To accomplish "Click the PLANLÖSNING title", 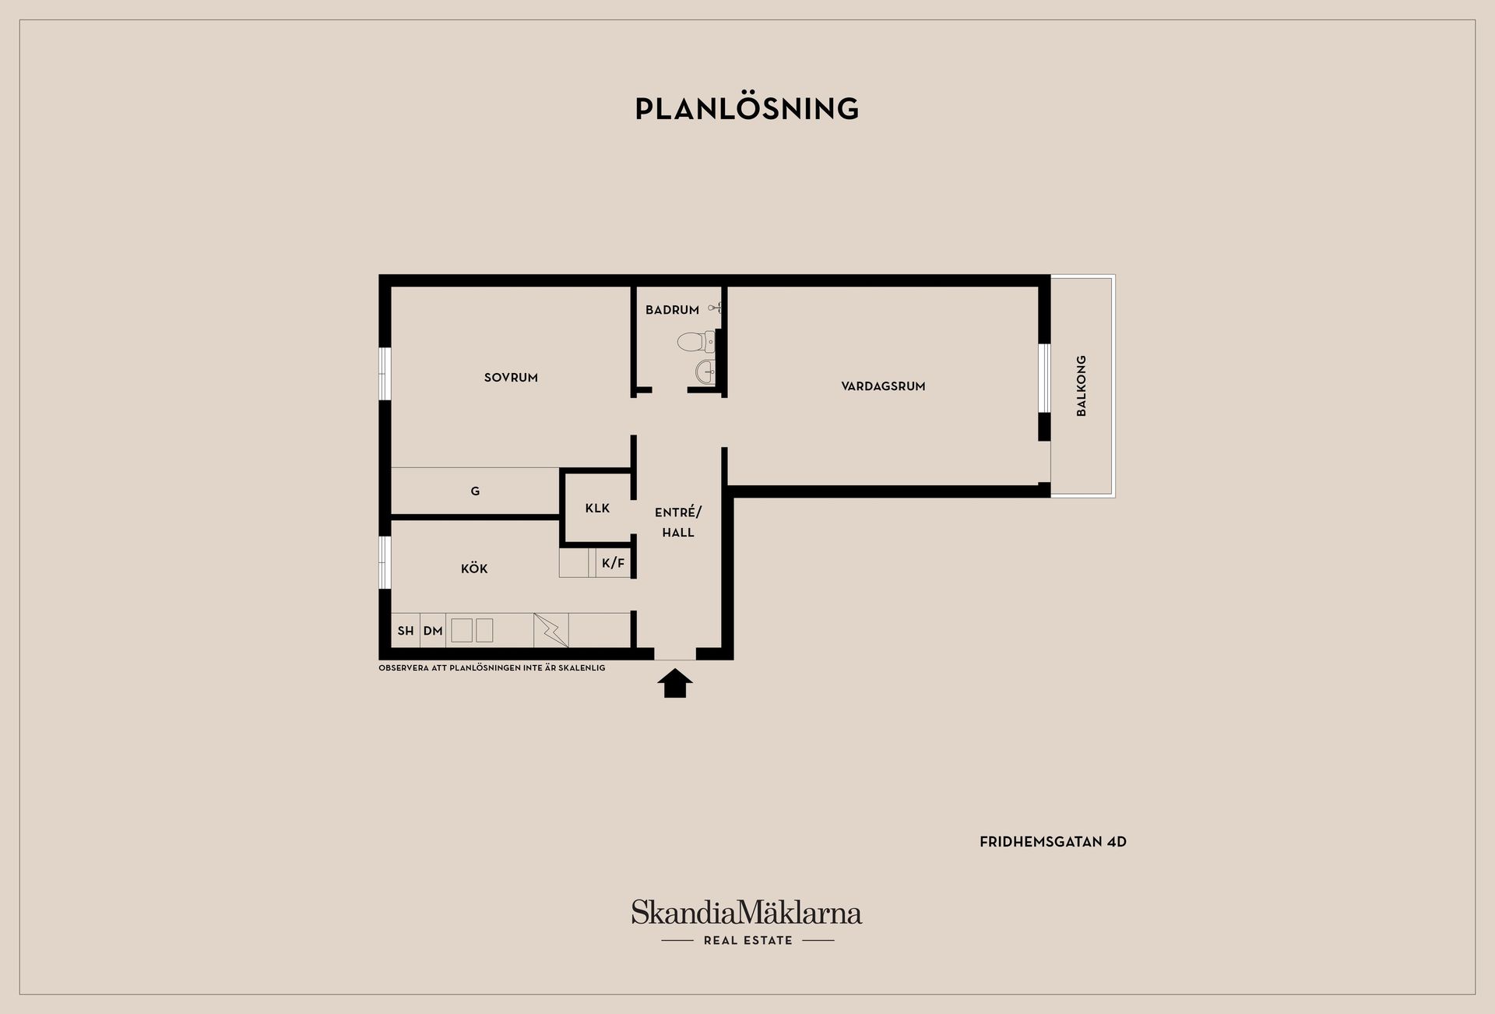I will point(747,109).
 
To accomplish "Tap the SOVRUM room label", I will point(511,378).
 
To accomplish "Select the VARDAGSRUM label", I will point(883,386).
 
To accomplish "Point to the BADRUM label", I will point(672,310).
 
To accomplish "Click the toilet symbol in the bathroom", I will point(696,341).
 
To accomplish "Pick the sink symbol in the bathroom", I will point(705,371).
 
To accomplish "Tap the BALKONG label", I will point(1081,386).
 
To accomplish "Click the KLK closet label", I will point(597,509).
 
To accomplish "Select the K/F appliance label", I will point(613,563).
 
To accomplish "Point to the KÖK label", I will point(474,569).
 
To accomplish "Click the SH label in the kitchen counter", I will point(406,631).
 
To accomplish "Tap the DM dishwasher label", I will point(433,631).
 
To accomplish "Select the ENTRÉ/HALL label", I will point(677,522).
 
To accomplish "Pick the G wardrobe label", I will point(475,491).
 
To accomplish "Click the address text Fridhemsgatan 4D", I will point(1053,842).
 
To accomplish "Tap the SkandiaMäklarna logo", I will point(746,913).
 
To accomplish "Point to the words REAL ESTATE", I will point(747,941).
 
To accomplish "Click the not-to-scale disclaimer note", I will point(491,668).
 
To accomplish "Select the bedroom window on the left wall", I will point(384,373).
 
